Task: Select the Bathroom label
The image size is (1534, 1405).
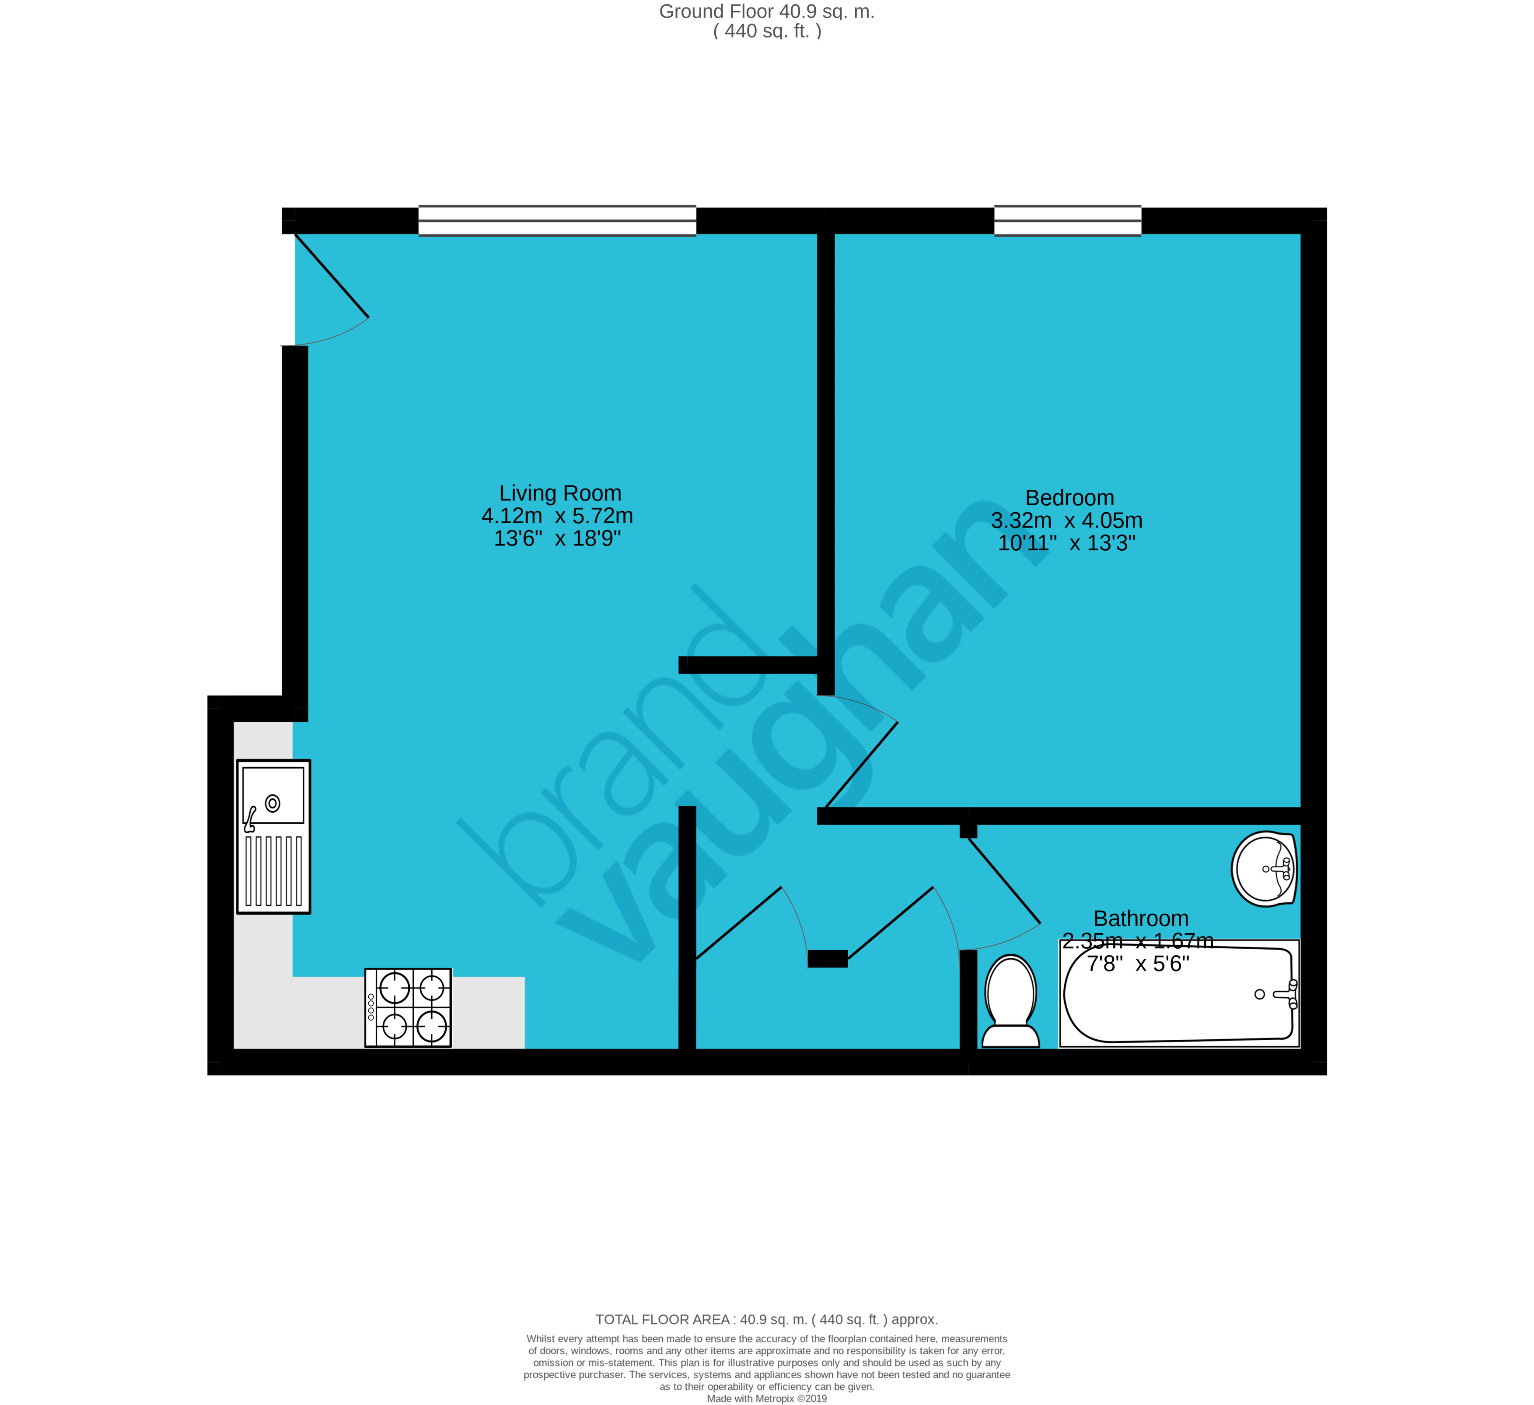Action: (x=1141, y=919)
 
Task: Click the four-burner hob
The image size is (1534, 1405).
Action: (x=409, y=1008)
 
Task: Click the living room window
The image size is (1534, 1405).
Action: (x=557, y=221)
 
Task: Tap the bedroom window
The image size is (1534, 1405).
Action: (x=1068, y=221)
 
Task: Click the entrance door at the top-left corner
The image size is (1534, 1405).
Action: (x=332, y=276)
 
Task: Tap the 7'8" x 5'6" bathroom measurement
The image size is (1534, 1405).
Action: (x=1138, y=965)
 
